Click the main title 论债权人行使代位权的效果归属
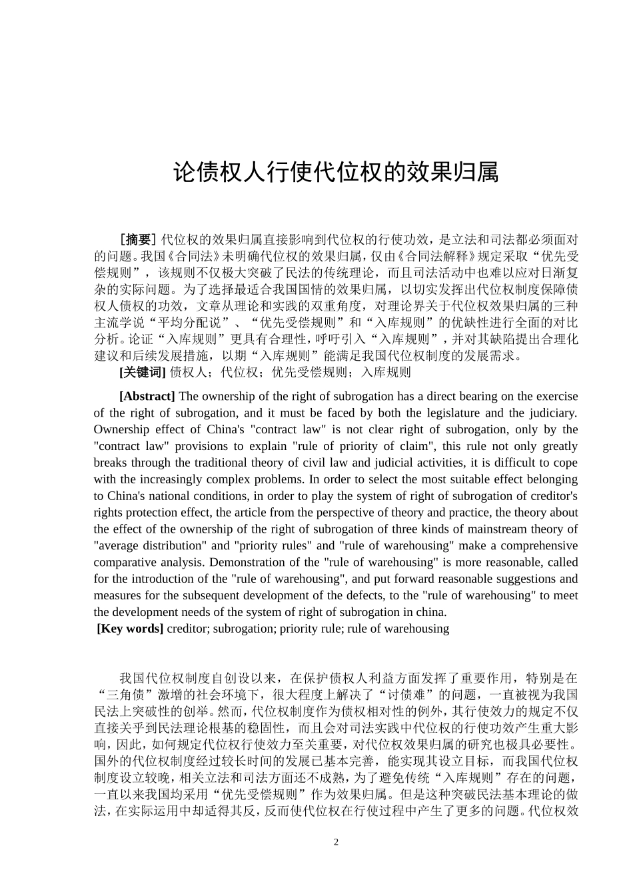tap(336, 173)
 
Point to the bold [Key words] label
tap(130, 628)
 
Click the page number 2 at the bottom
tap(336, 842)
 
